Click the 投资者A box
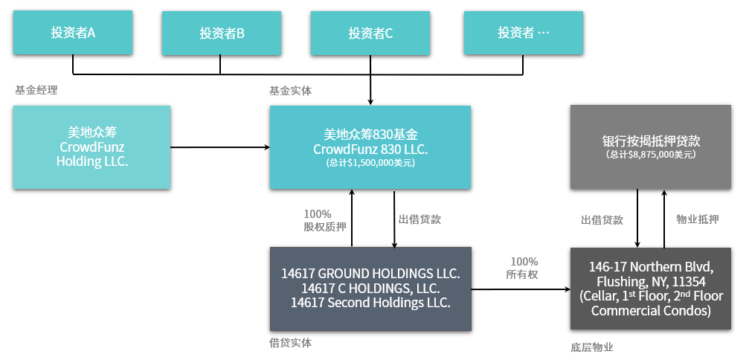coord(73,33)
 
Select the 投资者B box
coord(222,33)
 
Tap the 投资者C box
coord(370,33)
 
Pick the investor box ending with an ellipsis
coord(523,33)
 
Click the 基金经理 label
coord(36,90)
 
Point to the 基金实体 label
coord(290,91)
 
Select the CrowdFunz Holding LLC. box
coord(91,147)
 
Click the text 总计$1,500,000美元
coord(370,163)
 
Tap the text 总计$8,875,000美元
coord(651,155)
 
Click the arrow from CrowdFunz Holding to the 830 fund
coord(220,147)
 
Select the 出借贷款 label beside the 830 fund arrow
coord(420,219)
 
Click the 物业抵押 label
coord(698,219)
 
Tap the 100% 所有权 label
coord(524,268)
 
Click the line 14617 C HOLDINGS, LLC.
coord(370,289)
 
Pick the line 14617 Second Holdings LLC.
coord(370,303)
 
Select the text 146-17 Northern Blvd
coord(651,267)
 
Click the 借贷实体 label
coord(290,343)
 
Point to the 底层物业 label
coord(592,347)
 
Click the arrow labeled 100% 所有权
coord(521,289)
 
